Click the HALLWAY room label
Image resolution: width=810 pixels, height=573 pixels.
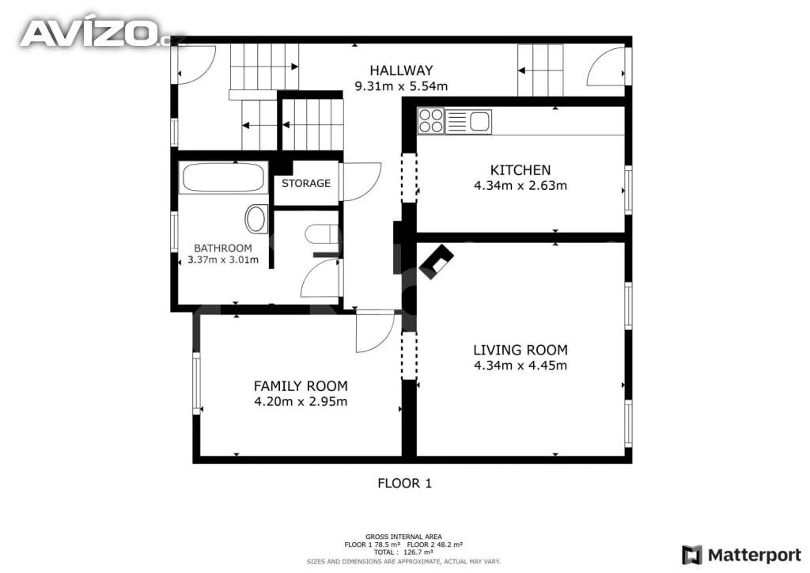click(x=401, y=70)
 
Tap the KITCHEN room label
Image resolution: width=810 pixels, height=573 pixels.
click(x=520, y=170)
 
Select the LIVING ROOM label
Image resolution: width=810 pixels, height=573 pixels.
click(x=520, y=350)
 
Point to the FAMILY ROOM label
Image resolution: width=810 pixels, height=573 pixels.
click(x=301, y=386)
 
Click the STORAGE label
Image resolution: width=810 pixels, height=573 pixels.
click(x=306, y=183)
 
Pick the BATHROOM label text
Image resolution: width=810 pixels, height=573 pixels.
click(x=222, y=248)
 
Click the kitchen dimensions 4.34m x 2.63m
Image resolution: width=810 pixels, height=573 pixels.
click(x=520, y=185)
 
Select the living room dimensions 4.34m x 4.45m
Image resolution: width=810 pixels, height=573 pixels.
click(x=520, y=366)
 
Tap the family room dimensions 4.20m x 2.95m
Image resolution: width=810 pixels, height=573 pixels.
click(x=301, y=401)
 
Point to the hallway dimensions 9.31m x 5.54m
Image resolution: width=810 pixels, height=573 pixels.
click(x=401, y=85)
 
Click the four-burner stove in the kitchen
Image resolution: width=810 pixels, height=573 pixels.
click(x=431, y=121)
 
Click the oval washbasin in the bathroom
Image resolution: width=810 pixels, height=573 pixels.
click(x=255, y=218)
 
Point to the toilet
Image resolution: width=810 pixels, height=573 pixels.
click(x=321, y=234)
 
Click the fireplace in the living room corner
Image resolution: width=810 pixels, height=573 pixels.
click(x=437, y=261)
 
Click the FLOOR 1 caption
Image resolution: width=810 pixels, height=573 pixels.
click(x=404, y=483)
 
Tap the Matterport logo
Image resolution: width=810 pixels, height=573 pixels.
click(x=742, y=555)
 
